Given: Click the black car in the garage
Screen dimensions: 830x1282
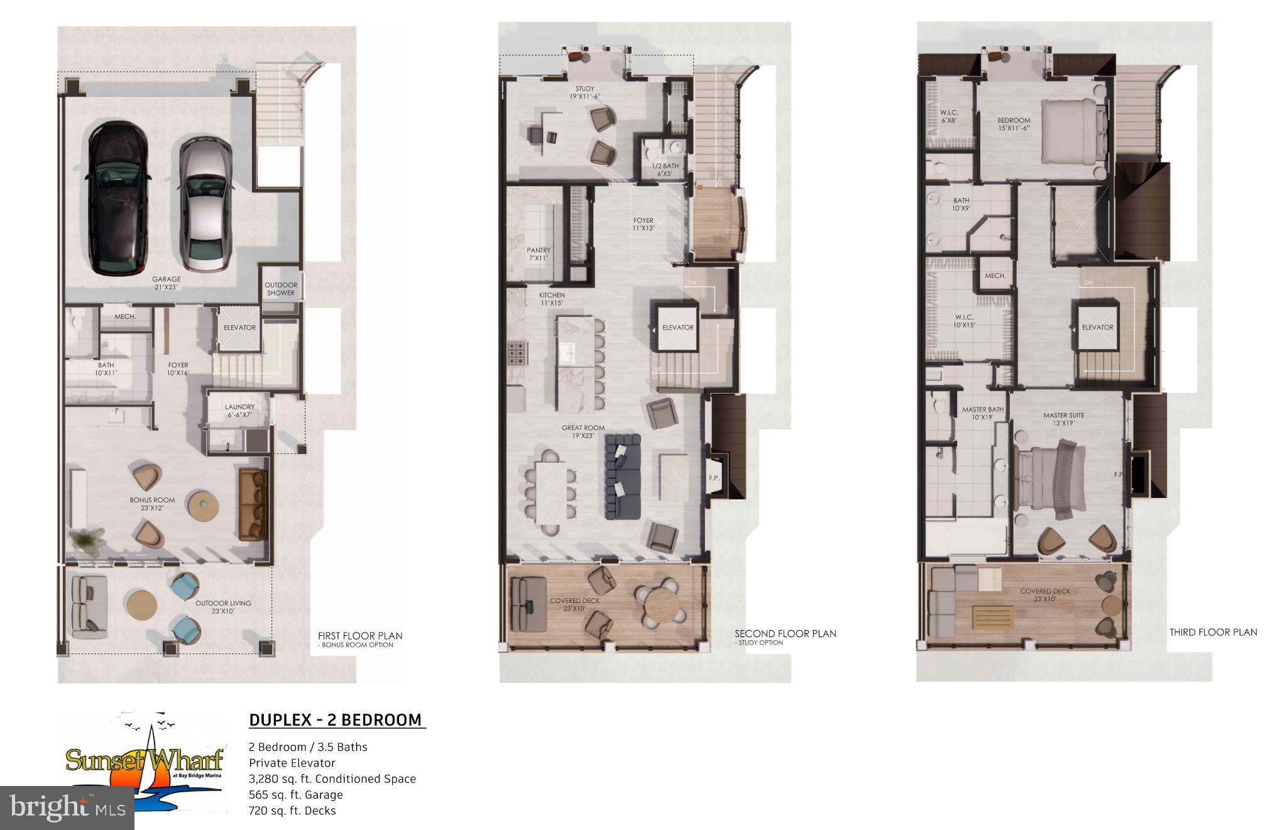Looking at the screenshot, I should [x=118, y=198].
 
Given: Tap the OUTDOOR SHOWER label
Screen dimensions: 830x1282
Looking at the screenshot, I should [x=281, y=289].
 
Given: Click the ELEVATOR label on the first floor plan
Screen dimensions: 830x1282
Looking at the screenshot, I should [x=239, y=328].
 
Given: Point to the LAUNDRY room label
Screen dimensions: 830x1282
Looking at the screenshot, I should [x=239, y=411].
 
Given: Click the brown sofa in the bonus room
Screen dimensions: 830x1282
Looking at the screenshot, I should [x=253, y=503].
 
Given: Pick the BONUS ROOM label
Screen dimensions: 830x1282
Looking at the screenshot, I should [x=152, y=504].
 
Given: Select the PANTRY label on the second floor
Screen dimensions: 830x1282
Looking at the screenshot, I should [x=539, y=254].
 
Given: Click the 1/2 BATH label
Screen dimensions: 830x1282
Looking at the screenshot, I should [x=665, y=170].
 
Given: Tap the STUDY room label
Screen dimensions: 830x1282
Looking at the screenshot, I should [x=584, y=92].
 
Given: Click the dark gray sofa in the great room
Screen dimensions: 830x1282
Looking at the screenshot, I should [x=622, y=476].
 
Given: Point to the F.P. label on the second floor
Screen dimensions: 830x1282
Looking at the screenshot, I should [x=714, y=478].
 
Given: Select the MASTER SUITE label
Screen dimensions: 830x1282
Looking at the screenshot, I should [x=1063, y=419].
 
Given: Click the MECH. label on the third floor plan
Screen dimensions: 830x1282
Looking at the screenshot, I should [x=995, y=276].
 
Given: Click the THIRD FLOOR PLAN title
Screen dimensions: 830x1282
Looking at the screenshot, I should [x=1213, y=632].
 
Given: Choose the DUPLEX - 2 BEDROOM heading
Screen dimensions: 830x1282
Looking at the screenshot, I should [x=336, y=720].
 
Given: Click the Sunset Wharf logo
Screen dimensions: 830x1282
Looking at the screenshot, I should [x=145, y=761].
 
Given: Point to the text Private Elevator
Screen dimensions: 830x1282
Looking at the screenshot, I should [x=292, y=763].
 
